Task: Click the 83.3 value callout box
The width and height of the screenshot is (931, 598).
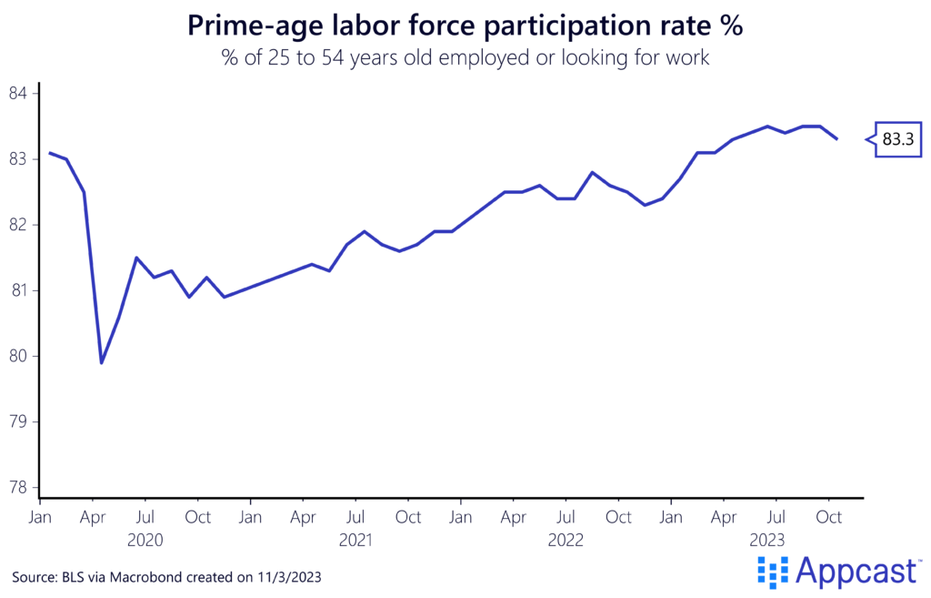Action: pyautogui.click(x=897, y=139)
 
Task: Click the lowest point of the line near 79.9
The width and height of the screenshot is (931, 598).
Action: pyautogui.click(x=102, y=362)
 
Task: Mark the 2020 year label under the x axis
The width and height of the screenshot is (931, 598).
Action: pyautogui.click(x=145, y=540)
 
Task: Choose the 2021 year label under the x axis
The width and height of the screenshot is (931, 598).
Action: pyautogui.click(x=355, y=540)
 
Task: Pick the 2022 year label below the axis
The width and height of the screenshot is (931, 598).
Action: pyautogui.click(x=566, y=540)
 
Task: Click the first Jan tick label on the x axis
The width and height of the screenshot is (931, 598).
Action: pyautogui.click(x=40, y=517)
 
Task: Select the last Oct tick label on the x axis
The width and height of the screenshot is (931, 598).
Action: pyautogui.click(x=828, y=517)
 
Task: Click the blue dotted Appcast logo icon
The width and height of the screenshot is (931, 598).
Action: pyautogui.click(x=773, y=571)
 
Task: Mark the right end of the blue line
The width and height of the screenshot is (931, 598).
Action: pyautogui.click(x=836, y=138)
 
